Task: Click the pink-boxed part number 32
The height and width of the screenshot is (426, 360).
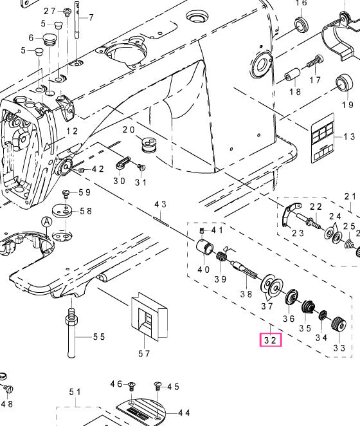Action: coord(271,340)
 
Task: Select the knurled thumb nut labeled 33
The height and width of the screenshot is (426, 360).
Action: coord(339,323)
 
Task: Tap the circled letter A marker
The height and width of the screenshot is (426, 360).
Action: coord(47,222)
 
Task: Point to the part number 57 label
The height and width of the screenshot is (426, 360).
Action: coord(144,353)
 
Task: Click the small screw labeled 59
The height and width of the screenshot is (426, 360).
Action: coord(66,194)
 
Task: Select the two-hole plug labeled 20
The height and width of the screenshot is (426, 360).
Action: coord(148,145)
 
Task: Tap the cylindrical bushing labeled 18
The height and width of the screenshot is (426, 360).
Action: coord(292,75)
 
